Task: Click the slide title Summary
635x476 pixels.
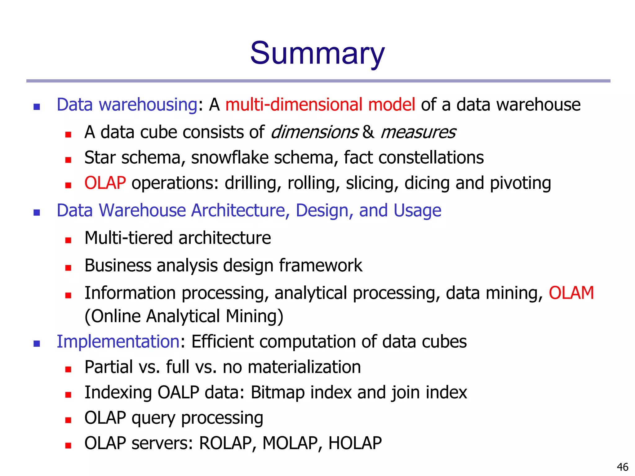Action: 317,53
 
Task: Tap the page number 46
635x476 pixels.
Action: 623,467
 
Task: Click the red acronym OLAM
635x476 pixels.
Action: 571,293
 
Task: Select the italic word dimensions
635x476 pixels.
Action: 314,132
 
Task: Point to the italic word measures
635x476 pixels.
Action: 418,132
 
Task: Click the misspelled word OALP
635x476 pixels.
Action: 178,392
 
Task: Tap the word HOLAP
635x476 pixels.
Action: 355,443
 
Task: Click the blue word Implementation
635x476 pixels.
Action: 118,342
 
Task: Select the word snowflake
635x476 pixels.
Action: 230,157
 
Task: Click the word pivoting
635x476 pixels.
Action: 520,183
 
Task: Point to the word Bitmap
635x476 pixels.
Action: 278,392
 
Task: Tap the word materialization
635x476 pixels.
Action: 304,367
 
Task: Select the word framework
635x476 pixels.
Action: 321,266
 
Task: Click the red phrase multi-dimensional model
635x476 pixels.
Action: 320,104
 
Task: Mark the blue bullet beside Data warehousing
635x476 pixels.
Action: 37,107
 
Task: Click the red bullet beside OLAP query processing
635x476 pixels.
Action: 68,420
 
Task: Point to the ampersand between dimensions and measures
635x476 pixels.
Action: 368,132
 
